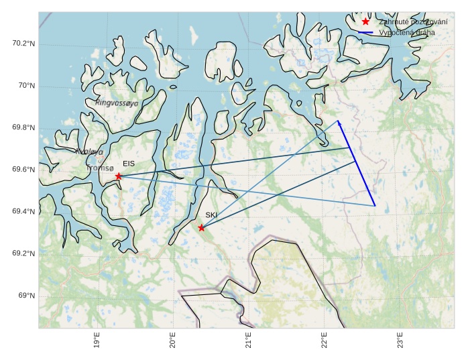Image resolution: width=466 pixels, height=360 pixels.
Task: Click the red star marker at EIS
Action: click(119, 176)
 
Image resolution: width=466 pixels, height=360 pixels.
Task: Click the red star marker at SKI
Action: click(202, 228)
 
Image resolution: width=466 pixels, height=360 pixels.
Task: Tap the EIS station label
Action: click(129, 164)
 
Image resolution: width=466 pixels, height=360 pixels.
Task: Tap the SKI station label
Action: click(211, 215)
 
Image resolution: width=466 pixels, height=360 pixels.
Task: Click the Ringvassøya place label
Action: click(117, 103)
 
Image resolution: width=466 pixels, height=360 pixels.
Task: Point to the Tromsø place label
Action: click(100, 168)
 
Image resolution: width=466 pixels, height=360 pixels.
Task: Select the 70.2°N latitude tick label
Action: click(23, 44)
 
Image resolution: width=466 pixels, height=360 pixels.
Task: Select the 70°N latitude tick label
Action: click(26, 86)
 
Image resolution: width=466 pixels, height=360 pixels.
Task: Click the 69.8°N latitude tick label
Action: click(23, 128)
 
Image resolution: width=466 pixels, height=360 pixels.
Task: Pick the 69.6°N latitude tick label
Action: click(23, 170)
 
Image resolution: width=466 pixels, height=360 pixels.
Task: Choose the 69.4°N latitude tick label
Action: click(23, 212)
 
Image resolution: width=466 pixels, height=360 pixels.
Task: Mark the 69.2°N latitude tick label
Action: click(23, 253)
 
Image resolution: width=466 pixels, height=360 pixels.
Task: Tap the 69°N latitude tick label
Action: click(26, 296)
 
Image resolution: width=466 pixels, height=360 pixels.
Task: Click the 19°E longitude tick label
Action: click(97, 341)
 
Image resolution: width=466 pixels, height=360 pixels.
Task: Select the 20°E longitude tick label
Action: click(173, 341)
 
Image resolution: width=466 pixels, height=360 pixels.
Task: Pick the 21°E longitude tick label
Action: click(249, 341)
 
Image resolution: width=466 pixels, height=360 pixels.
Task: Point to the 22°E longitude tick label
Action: click(325, 341)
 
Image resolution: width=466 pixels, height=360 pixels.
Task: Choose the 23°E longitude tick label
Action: click(400, 341)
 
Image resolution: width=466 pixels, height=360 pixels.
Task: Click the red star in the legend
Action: click(365, 21)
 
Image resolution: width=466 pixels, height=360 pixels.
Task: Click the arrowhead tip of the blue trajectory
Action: click(337, 120)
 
